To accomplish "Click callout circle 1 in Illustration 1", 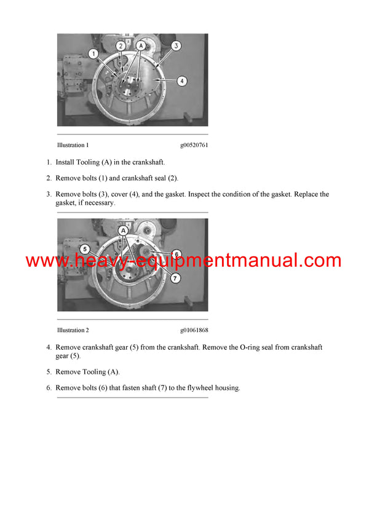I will [x=93, y=54].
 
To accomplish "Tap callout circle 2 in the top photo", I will [x=121, y=45].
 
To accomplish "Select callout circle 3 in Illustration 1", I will [x=176, y=45].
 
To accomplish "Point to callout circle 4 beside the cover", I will [x=183, y=81].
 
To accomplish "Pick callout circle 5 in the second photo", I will [x=85, y=249].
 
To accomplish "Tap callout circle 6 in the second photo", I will [x=176, y=253].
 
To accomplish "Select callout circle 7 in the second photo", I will [x=176, y=279].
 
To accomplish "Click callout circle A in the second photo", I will [x=124, y=229].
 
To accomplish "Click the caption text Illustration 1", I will [x=73, y=145].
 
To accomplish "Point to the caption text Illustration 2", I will [x=73, y=330].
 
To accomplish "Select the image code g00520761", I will [x=194, y=145].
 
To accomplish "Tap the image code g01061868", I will [x=194, y=330].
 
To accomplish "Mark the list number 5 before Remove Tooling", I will [x=49, y=372].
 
